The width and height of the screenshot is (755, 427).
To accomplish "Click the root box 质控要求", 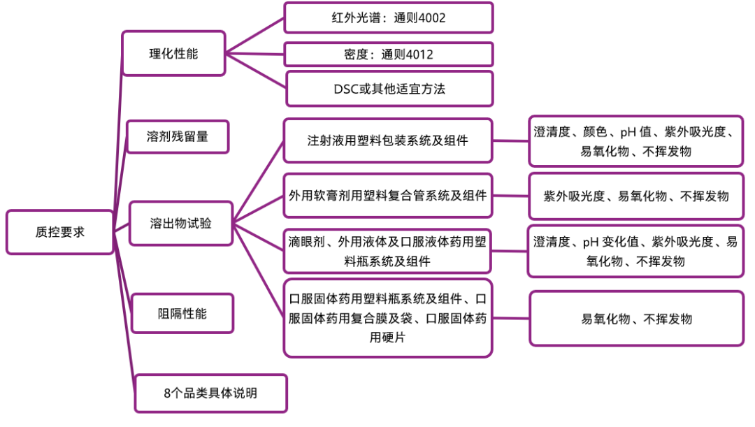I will pos(59,232).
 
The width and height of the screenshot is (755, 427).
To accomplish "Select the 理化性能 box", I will pos(173,53).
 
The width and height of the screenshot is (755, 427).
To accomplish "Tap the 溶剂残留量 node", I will pos(178,137).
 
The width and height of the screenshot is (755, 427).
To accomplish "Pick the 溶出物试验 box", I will pos(181,224).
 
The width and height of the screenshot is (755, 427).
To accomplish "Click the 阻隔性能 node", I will pos(182,314).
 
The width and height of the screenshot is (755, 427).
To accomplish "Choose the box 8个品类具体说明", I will pos(210,393).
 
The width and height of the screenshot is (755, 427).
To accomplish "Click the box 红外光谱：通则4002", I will pos(388,17).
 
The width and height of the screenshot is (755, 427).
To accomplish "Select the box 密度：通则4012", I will pos(388,55).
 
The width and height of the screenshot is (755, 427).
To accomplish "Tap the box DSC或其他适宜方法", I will pos(388,89).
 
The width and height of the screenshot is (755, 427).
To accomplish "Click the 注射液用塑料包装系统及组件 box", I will pos(388,140).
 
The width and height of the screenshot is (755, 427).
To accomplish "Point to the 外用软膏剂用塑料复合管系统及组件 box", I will pos(388,196).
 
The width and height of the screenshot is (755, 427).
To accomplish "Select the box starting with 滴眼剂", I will pos(388,251).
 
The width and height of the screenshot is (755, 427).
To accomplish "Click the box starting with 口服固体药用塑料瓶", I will pos(388,318).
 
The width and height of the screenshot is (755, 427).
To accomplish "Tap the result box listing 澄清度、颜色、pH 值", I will pos(635,140).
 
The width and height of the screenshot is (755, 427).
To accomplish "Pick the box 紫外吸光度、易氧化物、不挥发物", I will pos(635,196).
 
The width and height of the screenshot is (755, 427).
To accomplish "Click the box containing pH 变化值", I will pos(635,251).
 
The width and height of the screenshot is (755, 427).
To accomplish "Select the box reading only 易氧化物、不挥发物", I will pos(636,319).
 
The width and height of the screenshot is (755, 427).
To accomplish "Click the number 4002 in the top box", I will pos(431,18).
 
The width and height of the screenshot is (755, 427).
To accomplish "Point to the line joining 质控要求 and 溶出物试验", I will pos(121,228).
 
